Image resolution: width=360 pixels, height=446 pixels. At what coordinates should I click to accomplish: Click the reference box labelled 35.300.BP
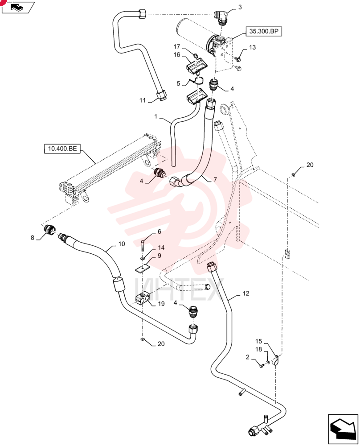(263, 31)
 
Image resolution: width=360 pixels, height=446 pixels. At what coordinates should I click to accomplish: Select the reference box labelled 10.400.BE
(62, 149)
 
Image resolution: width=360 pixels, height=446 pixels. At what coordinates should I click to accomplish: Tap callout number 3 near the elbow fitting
(240, 7)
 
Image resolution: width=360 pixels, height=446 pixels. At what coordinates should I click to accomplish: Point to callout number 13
(252, 47)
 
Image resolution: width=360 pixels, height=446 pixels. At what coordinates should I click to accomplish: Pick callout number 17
(177, 47)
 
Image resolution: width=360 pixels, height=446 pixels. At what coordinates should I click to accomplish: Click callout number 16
(177, 54)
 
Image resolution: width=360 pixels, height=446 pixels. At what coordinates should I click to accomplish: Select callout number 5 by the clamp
(178, 83)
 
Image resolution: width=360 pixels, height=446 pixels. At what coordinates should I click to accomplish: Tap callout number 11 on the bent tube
(143, 100)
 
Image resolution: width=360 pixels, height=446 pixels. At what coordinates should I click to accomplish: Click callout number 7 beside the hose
(215, 179)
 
